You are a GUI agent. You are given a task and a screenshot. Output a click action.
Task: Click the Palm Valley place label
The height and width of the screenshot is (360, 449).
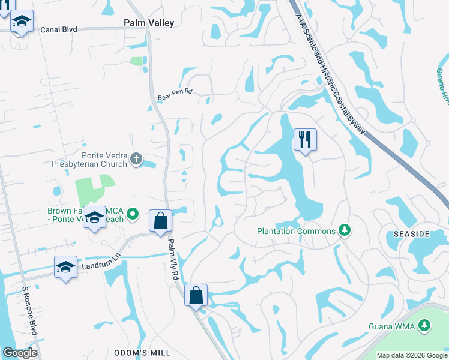pyautogui.click(x=148, y=23)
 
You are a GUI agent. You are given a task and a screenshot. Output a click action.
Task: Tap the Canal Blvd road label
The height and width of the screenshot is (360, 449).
pyautogui.click(x=59, y=29)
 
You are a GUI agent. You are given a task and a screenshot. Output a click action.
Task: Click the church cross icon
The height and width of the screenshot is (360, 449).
pyautogui.click(x=136, y=159)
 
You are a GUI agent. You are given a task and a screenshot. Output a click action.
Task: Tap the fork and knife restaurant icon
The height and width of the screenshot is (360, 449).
pyautogui.click(x=304, y=140)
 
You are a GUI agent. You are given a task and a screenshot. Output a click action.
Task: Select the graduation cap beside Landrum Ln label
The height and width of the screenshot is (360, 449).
pyautogui.click(x=65, y=266)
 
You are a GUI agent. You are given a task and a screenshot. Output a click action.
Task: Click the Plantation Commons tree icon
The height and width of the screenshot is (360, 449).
pyautogui.click(x=344, y=230)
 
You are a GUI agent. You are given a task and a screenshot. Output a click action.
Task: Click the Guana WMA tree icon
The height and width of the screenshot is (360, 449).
pyautogui.click(x=424, y=325)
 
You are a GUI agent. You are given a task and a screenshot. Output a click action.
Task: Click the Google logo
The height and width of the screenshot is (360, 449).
pyautogui.click(x=20, y=353)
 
